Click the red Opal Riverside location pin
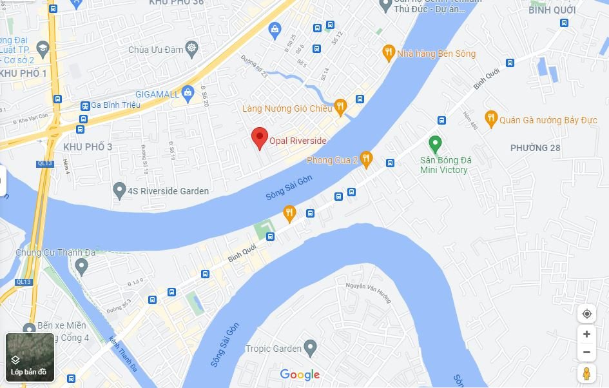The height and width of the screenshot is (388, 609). (x=259, y=137)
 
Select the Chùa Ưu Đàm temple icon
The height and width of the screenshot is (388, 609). (x=191, y=48)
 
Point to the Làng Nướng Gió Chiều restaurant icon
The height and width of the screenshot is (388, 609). (x=341, y=105)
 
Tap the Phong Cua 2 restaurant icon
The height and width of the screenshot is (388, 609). (x=366, y=158)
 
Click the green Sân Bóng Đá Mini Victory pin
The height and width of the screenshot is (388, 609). (x=435, y=143)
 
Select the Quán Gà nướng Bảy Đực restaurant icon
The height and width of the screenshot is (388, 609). (x=491, y=118)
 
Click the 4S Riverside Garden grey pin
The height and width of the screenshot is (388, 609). (x=119, y=190)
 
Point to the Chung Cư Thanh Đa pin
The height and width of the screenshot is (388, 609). (x=81, y=265)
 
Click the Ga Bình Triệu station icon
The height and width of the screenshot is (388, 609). (x=84, y=105)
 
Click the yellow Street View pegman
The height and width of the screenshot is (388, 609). (x=586, y=373)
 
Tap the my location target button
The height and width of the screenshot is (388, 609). (x=586, y=314)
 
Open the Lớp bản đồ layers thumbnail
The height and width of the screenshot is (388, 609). (x=30, y=357)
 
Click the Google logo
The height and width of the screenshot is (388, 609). (x=300, y=374)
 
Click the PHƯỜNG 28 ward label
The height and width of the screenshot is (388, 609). (x=535, y=148)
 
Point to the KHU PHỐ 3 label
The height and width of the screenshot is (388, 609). (x=88, y=147)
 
